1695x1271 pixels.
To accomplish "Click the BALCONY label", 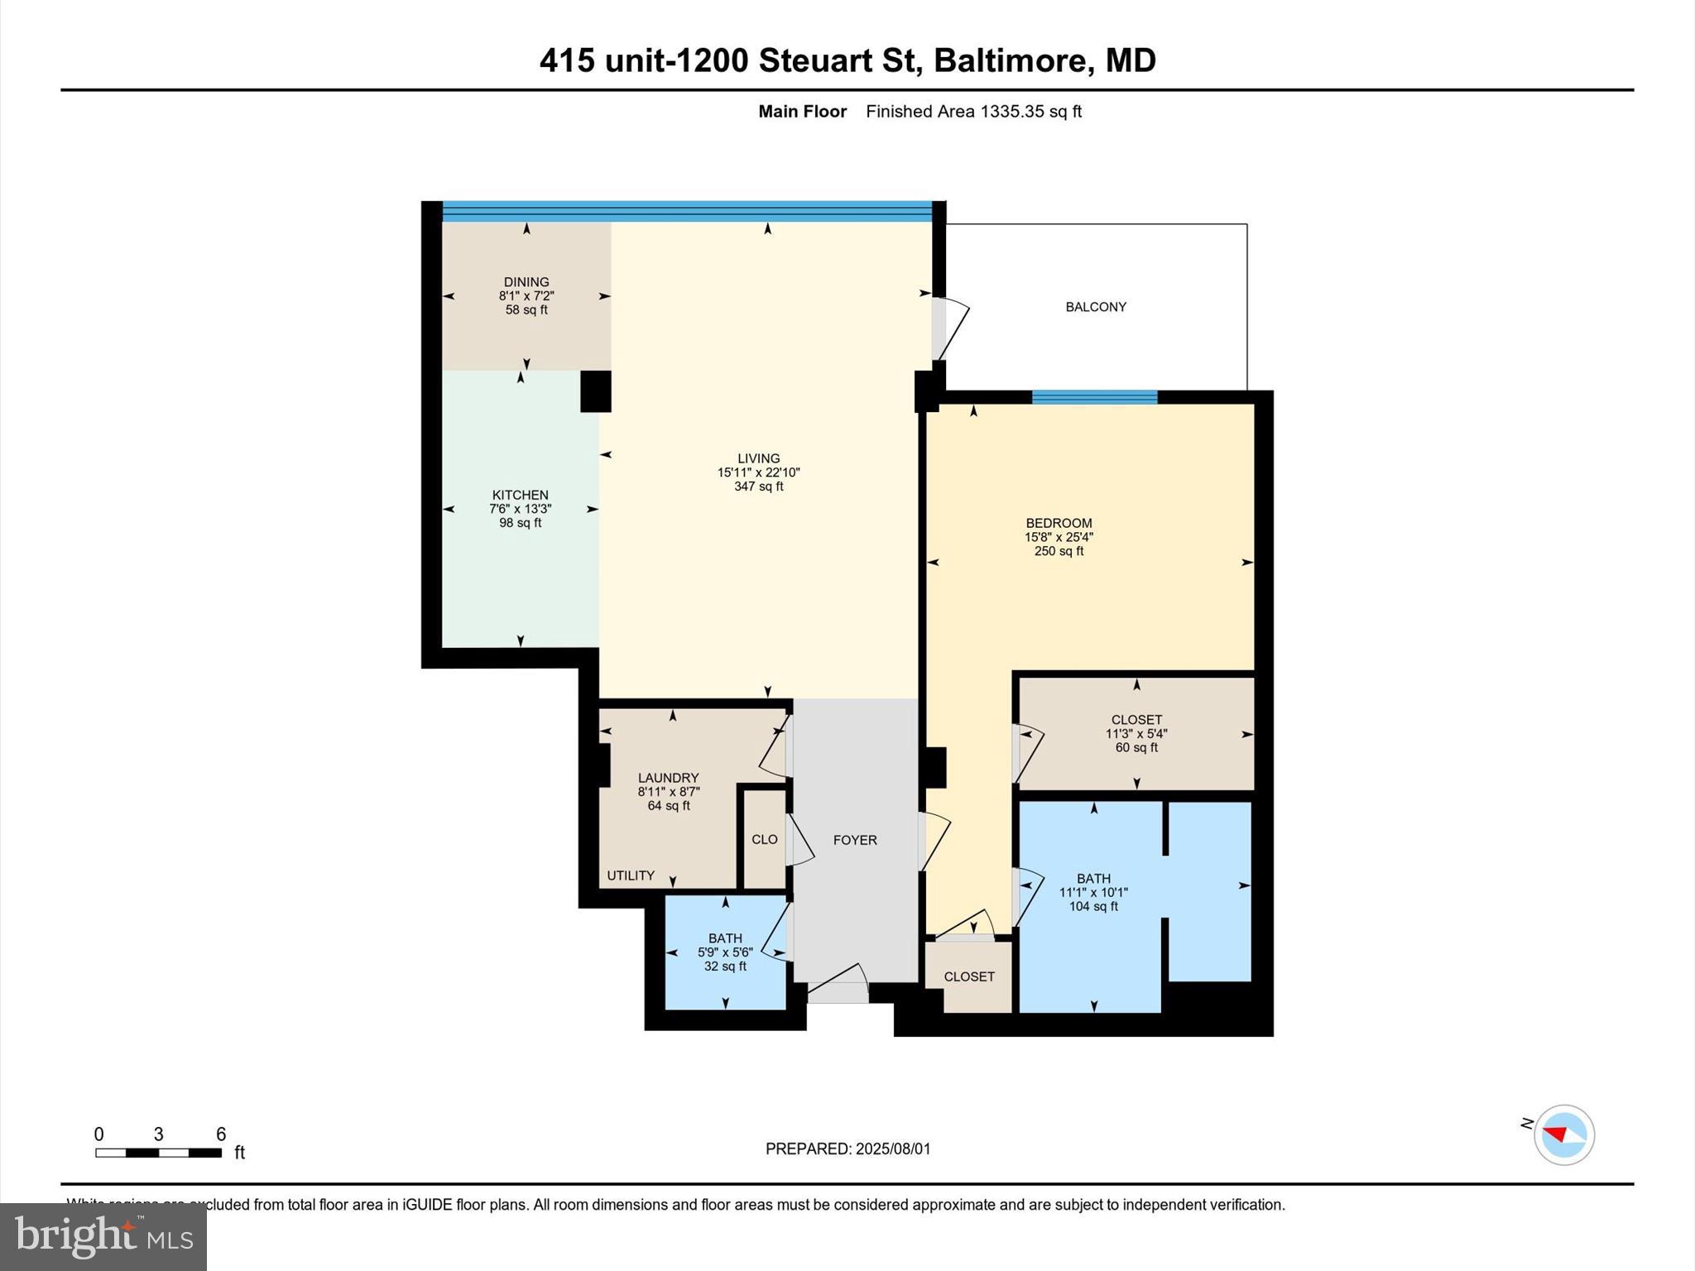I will click(1095, 307).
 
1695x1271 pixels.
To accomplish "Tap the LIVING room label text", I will click(758, 458).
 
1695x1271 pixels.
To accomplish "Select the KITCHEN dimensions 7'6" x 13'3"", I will click(520, 509).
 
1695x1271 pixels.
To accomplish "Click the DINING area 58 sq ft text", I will click(526, 310).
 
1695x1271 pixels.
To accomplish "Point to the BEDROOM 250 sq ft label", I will click(1059, 551).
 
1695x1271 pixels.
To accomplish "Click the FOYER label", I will click(854, 840).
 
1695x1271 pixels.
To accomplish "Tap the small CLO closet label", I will click(764, 839).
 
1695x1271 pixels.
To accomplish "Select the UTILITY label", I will click(631, 875).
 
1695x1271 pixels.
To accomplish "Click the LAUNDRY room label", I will click(668, 778).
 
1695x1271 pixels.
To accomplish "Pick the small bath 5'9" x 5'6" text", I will click(725, 952).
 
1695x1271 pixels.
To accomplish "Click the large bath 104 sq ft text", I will click(1093, 907).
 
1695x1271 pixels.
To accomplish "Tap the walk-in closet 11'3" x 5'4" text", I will click(1136, 734).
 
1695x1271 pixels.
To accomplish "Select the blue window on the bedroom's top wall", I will click(1094, 397).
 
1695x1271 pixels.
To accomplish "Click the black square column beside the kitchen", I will click(595, 391).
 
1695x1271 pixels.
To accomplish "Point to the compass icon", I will click(1563, 1134).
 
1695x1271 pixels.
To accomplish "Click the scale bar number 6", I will click(221, 1134).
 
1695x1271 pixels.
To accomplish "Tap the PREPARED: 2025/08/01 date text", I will click(847, 1149).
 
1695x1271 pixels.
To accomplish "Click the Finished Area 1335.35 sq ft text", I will click(973, 112).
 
